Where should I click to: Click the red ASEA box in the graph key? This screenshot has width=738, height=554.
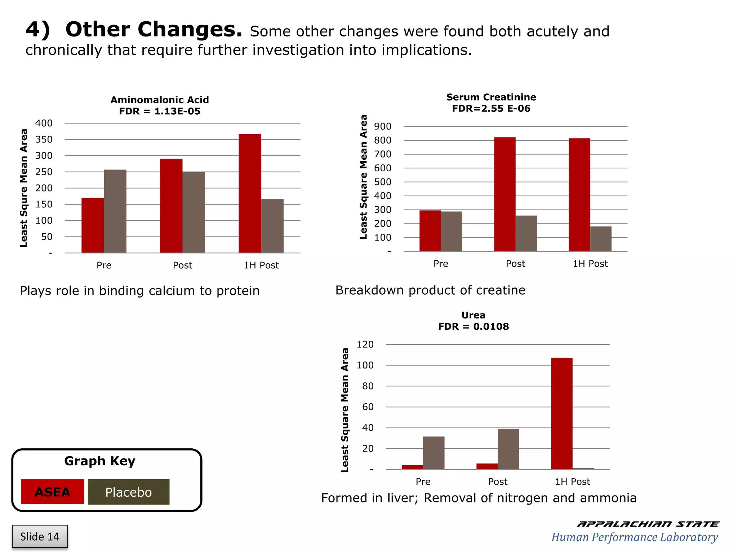tap(52, 492)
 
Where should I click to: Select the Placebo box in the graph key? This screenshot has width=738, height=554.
tap(128, 492)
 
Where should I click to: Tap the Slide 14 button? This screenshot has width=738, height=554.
tap(40, 536)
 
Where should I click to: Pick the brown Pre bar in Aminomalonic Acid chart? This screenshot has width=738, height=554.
tap(115, 211)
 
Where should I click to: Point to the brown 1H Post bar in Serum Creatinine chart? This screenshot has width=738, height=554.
tap(601, 239)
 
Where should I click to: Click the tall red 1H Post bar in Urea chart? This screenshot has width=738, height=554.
tap(561, 413)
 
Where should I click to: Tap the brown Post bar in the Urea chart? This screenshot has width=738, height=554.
tap(508, 449)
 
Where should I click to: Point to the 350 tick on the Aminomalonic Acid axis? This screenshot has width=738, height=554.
tap(44, 139)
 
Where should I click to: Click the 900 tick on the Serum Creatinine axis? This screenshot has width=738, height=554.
tap(383, 127)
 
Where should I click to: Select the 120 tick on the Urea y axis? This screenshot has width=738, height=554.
tap(365, 344)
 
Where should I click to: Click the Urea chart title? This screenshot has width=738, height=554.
tap(473, 315)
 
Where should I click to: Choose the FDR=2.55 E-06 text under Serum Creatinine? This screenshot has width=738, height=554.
tap(491, 109)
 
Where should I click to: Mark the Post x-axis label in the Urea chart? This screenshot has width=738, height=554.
tap(498, 482)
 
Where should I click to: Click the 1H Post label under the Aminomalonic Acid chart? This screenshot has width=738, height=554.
tap(261, 265)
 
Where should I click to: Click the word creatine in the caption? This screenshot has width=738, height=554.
tap(501, 290)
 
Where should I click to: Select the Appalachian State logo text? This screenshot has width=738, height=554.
tap(648, 524)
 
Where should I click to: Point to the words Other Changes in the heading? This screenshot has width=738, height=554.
tap(154, 30)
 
